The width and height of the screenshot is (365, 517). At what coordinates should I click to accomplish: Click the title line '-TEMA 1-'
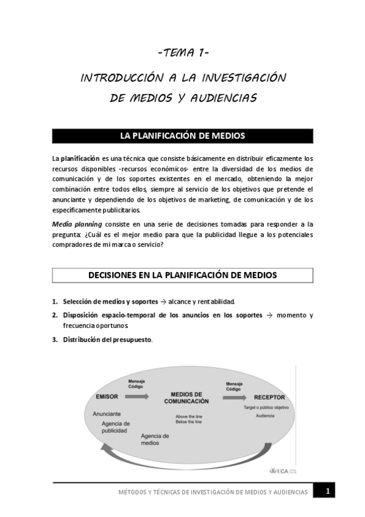pyautogui.click(x=183, y=54)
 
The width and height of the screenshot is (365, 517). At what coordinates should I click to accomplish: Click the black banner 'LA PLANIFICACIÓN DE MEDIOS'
pyautogui.click(x=183, y=135)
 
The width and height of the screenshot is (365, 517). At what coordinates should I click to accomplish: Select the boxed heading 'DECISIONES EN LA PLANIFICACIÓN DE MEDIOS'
pyautogui.click(x=183, y=276)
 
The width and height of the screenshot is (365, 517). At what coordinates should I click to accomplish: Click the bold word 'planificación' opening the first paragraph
pyautogui.click(x=80, y=159)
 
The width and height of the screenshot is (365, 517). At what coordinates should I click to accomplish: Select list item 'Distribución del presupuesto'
pyautogui.click(x=107, y=340)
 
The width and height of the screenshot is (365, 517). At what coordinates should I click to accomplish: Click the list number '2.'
pyautogui.click(x=55, y=315)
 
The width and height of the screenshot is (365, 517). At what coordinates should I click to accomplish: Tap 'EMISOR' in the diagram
pyautogui.click(x=107, y=397)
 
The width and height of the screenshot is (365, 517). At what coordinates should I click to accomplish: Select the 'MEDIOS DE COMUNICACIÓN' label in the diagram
pyautogui.click(x=186, y=398)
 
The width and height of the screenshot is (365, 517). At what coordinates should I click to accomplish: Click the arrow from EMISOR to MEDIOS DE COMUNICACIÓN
pyautogui.click(x=144, y=396)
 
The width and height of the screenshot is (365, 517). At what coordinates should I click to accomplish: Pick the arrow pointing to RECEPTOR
pyautogui.click(x=233, y=397)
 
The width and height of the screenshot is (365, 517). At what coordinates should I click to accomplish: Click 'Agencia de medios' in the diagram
pyautogui.click(x=155, y=440)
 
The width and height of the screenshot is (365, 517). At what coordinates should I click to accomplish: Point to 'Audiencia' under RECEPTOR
pyautogui.click(x=264, y=416)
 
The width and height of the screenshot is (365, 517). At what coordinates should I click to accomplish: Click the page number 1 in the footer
pyautogui.click(x=327, y=491)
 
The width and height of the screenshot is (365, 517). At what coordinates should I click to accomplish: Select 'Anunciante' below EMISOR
pyautogui.click(x=107, y=413)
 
